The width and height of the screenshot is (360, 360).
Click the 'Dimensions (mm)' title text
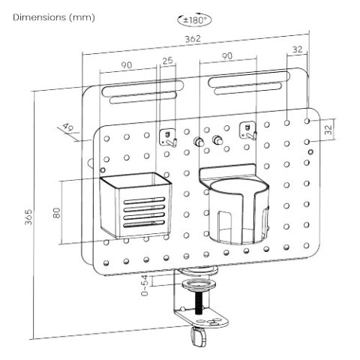tap(54, 18)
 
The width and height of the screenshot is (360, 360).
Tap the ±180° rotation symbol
tap(194, 19)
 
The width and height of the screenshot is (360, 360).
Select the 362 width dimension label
tap(193, 39)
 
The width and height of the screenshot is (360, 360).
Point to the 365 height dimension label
tap(28, 217)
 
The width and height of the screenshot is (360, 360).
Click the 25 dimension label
tap(168, 61)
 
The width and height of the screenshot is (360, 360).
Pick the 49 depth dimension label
tap(67, 127)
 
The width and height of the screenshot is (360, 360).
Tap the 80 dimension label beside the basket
tap(57, 213)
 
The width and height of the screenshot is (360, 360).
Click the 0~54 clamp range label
tap(145, 286)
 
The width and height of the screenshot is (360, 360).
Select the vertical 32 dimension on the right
tap(328, 130)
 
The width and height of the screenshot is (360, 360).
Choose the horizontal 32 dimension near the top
tap(298, 49)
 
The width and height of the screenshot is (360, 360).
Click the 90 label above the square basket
tap(127, 65)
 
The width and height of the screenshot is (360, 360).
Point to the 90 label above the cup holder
tap(227, 56)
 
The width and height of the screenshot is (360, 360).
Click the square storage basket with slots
tap(136, 205)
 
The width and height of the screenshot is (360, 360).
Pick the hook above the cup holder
tap(248, 130)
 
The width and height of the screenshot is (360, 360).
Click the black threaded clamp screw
tap(199, 303)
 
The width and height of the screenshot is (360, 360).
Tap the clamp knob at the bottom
tap(199, 337)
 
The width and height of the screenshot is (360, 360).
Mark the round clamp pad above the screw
tap(199, 284)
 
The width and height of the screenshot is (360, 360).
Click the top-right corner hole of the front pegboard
tap(307, 121)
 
